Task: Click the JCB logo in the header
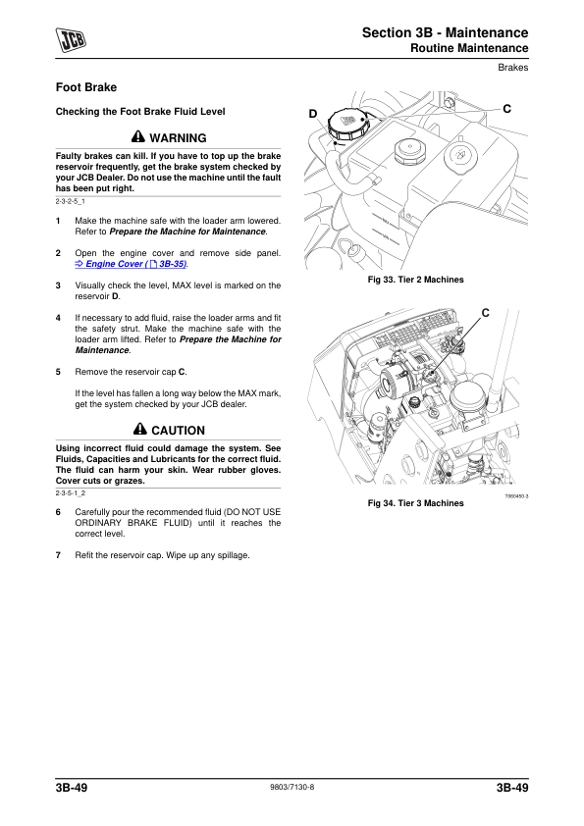click(71, 40)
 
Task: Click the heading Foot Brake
click(86, 87)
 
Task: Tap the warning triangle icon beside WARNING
click(138, 137)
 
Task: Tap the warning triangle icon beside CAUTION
click(140, 429)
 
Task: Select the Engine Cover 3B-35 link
click(132, 264)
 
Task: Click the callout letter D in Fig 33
click(313, 114)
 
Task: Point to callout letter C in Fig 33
click(506, 109)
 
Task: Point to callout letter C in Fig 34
click(486, 313)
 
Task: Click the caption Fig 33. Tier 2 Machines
click(416, 280)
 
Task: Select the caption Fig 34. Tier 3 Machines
click(416, 503)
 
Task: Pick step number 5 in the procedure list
click(58, 372)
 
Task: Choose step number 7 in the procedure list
click(58, 555)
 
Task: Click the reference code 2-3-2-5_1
click(70, 201)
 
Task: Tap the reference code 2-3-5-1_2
click(70, 493)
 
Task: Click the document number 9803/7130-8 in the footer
click(292, 787)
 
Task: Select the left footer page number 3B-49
click(72, 788)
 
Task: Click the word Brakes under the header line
click(513, 68)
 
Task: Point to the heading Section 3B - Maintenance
click(445, 32)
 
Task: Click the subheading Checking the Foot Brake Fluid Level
click(140, 112)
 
